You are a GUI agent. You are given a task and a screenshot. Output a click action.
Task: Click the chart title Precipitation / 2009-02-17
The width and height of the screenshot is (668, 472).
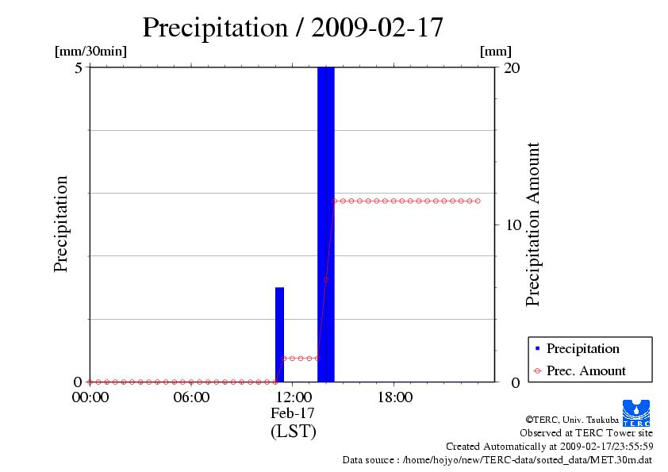(x=292, y=28)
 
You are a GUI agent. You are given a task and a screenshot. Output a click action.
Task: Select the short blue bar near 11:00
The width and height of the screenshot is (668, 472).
(x=279, y=334)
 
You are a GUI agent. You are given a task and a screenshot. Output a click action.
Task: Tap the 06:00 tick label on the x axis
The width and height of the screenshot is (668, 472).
(x=191, y=397)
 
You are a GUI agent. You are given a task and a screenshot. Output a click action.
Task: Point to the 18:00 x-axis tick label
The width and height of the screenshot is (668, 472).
(x=394, y=397)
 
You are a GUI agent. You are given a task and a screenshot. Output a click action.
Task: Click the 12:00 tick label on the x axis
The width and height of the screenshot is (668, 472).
(x=293, y=397)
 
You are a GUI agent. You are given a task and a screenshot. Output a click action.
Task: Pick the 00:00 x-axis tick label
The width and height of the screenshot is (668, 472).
(x=90, y=397)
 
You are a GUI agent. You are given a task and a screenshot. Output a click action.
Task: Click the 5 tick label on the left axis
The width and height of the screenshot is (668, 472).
(x=79, y=67)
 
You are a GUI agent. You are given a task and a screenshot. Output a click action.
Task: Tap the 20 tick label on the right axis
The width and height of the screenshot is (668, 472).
(x=512, y=67)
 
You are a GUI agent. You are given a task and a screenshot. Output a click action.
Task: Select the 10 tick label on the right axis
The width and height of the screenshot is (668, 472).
(x=512, y=224)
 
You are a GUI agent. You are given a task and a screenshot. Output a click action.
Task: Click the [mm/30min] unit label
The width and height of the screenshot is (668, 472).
(x=90, y=52)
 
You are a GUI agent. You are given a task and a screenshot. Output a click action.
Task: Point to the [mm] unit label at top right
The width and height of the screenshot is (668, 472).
(x=496, y=52)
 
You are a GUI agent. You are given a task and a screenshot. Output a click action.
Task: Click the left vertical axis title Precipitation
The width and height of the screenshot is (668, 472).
(x=61, y=224)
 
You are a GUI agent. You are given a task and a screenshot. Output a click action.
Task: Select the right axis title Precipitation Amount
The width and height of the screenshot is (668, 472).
(x=532, y=224)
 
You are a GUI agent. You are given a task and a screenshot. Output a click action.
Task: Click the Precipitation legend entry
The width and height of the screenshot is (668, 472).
(x=582, y=348)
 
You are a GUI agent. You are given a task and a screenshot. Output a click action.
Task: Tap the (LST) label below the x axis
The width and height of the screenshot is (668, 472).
(x=293, y=432)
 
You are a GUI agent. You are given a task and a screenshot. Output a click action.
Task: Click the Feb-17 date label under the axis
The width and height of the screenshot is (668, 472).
(x=293, y=413)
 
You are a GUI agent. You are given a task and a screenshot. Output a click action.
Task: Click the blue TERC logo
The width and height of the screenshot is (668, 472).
(x=635, y=413)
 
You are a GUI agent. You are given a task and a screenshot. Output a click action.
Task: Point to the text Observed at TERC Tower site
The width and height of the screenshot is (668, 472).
(x=585, y=433)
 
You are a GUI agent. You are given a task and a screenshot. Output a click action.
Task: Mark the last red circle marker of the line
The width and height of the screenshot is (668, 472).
(x=478, y=201)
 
